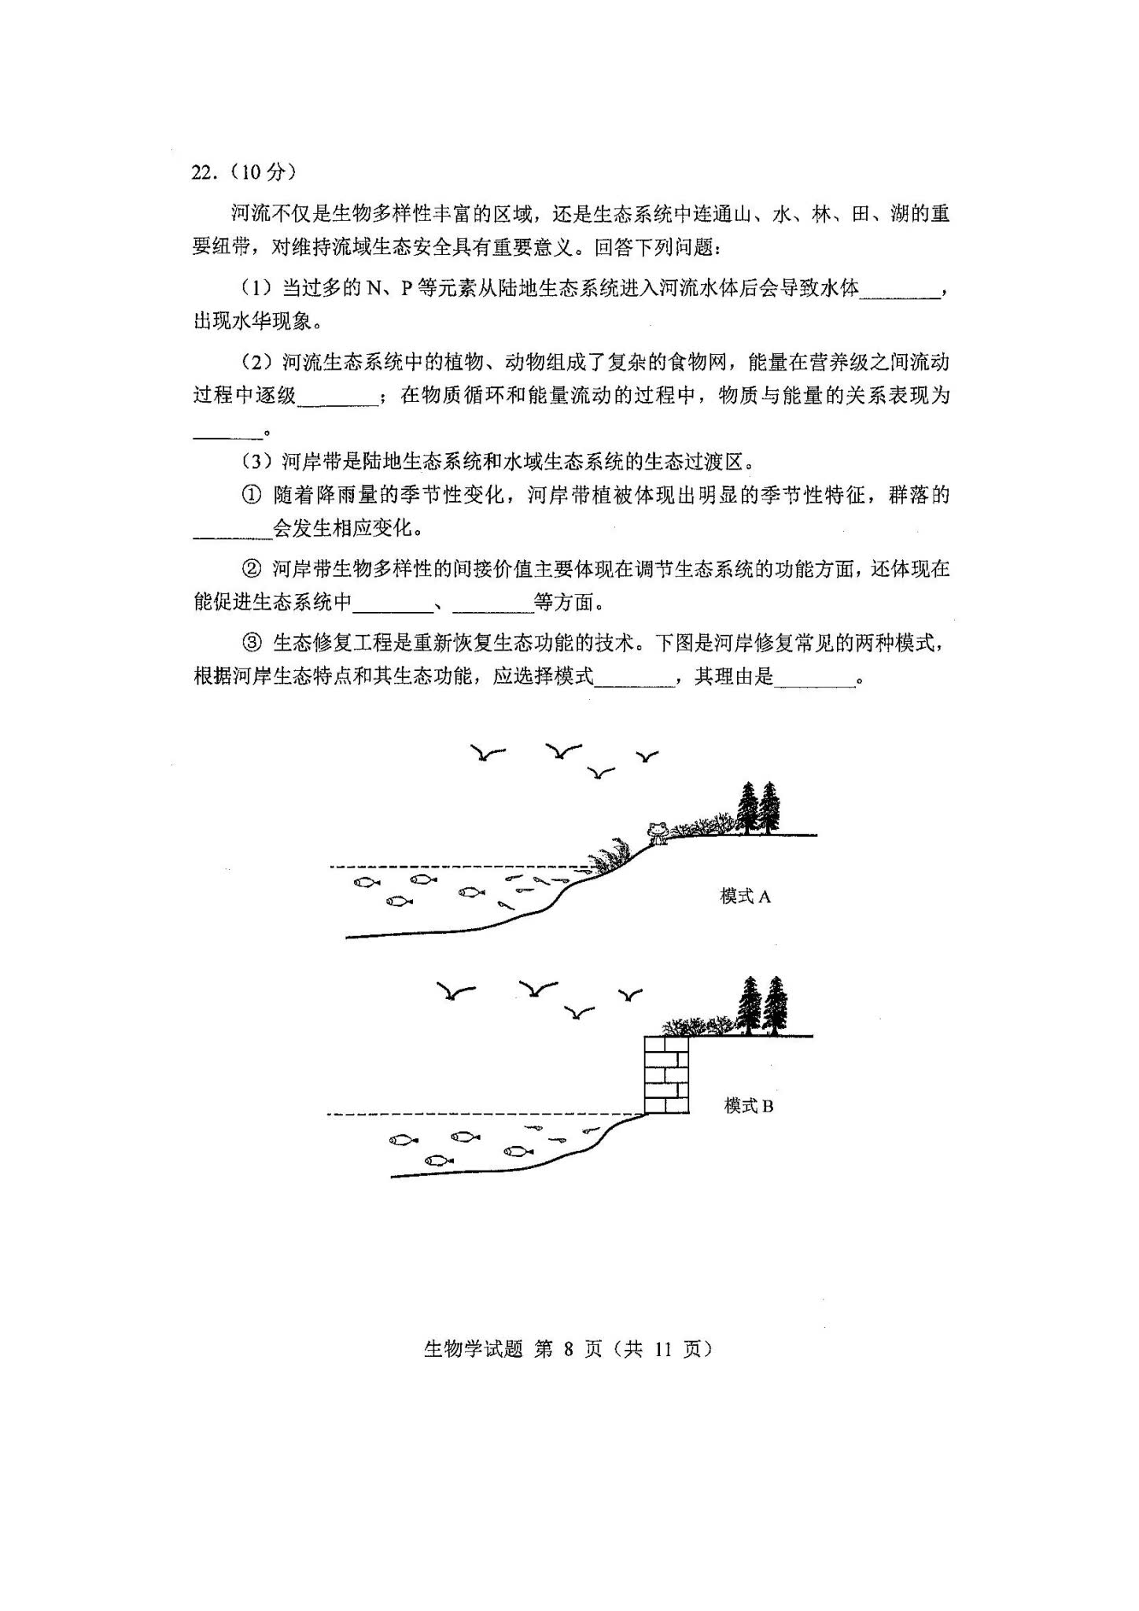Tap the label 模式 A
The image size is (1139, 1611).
tap(745, 896)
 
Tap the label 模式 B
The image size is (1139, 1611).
tap(748, 1106)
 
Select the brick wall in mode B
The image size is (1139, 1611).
tap(666, 1075)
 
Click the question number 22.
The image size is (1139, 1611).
tap(202, 173)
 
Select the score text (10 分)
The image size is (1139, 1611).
tap(264, 173)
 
